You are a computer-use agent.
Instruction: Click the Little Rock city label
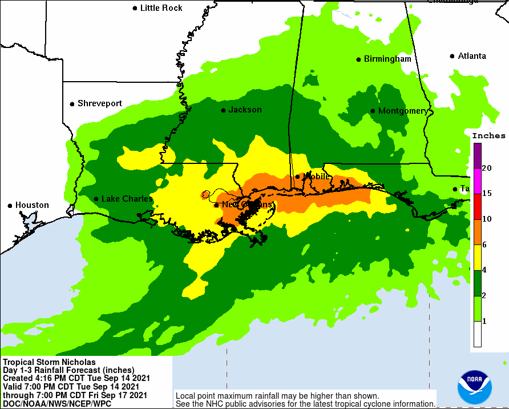coord(161,8)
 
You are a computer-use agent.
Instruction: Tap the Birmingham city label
coord(387,59)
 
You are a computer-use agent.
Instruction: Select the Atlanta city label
coord(472,56)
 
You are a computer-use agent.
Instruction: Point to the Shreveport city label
coord(100,103)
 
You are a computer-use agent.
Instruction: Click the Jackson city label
coord(245,110)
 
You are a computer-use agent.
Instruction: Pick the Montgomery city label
coord(402,111)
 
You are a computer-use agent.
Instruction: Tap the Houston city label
coord(32,205)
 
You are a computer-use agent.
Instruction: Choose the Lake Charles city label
coord(127,199)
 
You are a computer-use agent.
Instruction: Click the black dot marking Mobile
coord(297,177)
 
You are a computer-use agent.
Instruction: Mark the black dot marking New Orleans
coord(216,204)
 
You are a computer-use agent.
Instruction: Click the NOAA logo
coord(474,387)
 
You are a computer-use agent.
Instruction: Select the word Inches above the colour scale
coord(488,136)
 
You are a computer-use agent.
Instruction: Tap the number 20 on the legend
coord(487,168)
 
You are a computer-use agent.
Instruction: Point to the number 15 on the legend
coord(487,194)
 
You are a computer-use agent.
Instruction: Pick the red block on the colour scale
coord(477,206)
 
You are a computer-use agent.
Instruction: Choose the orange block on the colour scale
coord(477,232)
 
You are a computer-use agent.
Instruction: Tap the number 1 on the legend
coord(484,322)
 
